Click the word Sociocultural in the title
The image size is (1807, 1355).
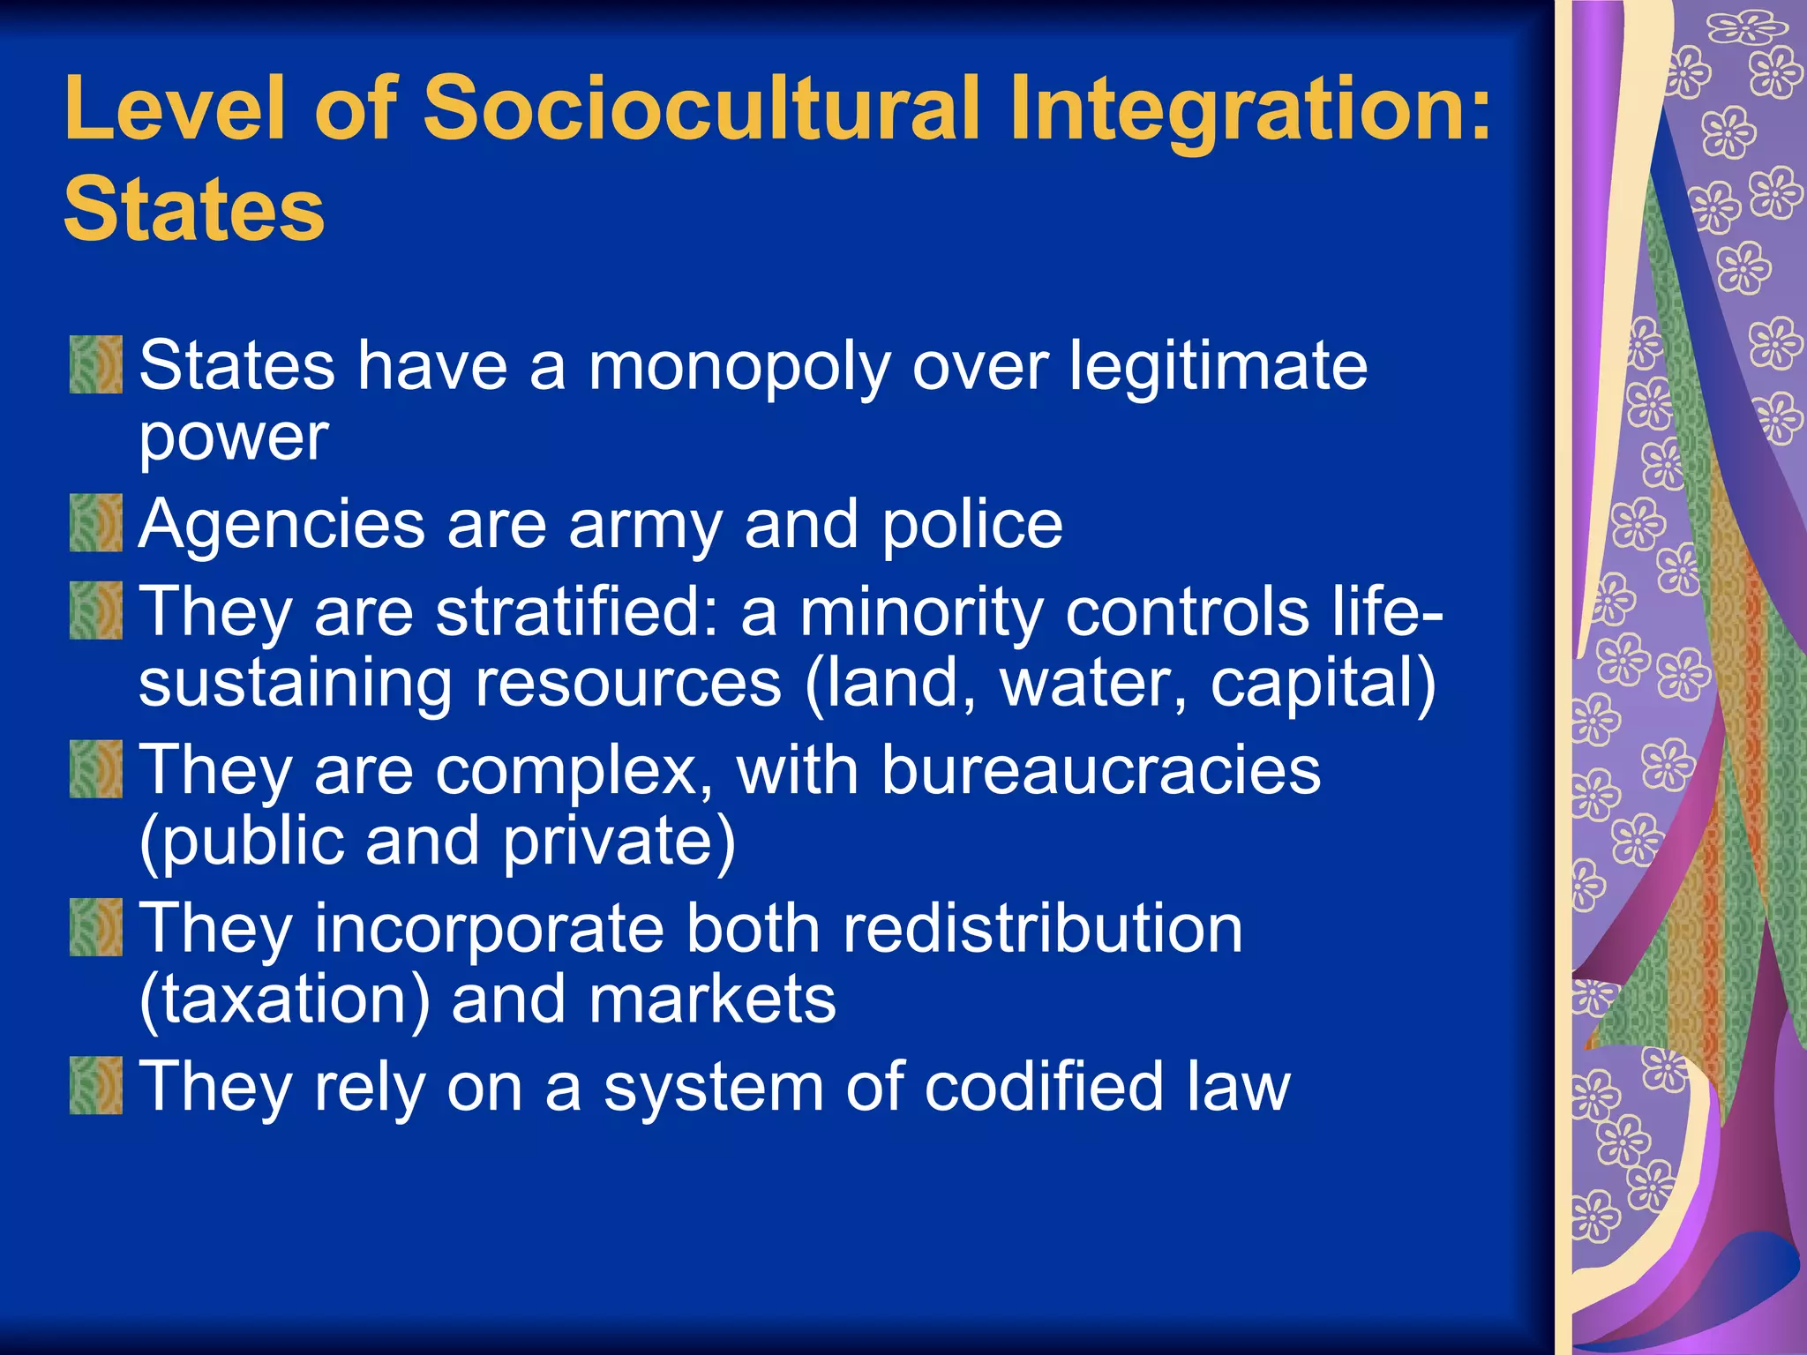coord(702,108)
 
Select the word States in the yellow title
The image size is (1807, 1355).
coord(194,209)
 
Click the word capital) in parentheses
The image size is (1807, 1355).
coord(1323,684)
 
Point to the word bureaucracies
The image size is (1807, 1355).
coord(1100,770)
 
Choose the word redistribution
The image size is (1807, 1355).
coord(1042,928)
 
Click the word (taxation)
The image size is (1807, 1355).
coord(285,1000)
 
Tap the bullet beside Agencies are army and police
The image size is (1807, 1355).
coord(96,522)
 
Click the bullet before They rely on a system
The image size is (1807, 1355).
coord(96,1085)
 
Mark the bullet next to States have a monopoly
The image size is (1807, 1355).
coord(96,364)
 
